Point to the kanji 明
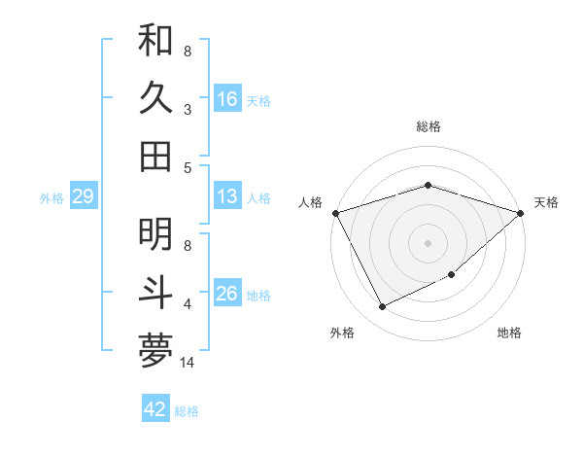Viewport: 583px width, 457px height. click(155, 234)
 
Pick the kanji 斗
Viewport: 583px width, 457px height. click(155, 293)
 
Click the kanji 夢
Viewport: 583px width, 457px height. click(155, 351)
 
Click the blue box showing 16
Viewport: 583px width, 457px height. click(226, 99)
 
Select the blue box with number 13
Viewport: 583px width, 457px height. click(226, 197)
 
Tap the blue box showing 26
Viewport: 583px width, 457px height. click(226, 294)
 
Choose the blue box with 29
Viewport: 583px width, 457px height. click(83, 197)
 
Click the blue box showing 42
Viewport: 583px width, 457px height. click(155, 409)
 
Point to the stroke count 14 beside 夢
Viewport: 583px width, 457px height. click(189, 363)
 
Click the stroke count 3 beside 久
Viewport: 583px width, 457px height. click(188, 110)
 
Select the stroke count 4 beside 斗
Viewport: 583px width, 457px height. click(188, 304)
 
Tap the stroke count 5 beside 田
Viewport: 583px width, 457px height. click(188, 168)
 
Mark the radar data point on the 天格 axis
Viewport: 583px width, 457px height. click(521, 213)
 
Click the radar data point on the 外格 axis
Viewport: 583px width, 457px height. click(383, 307)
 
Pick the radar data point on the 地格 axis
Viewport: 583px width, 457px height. click(453, 275)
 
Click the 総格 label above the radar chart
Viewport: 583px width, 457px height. click(429, 126)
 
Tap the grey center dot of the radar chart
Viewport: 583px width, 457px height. click(429, 242)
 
